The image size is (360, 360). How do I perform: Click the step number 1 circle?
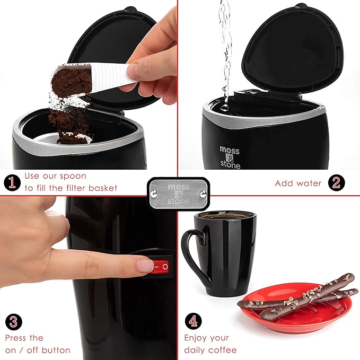point(12,183)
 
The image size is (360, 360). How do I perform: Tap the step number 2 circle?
point(336,183)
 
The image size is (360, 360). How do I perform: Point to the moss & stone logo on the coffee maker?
point(230,158)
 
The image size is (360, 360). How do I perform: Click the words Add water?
point(298,183)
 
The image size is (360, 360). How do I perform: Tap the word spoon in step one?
point(72,176)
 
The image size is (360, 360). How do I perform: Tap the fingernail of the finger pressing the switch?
point(145,266)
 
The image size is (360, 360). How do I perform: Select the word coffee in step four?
point(223,350)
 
